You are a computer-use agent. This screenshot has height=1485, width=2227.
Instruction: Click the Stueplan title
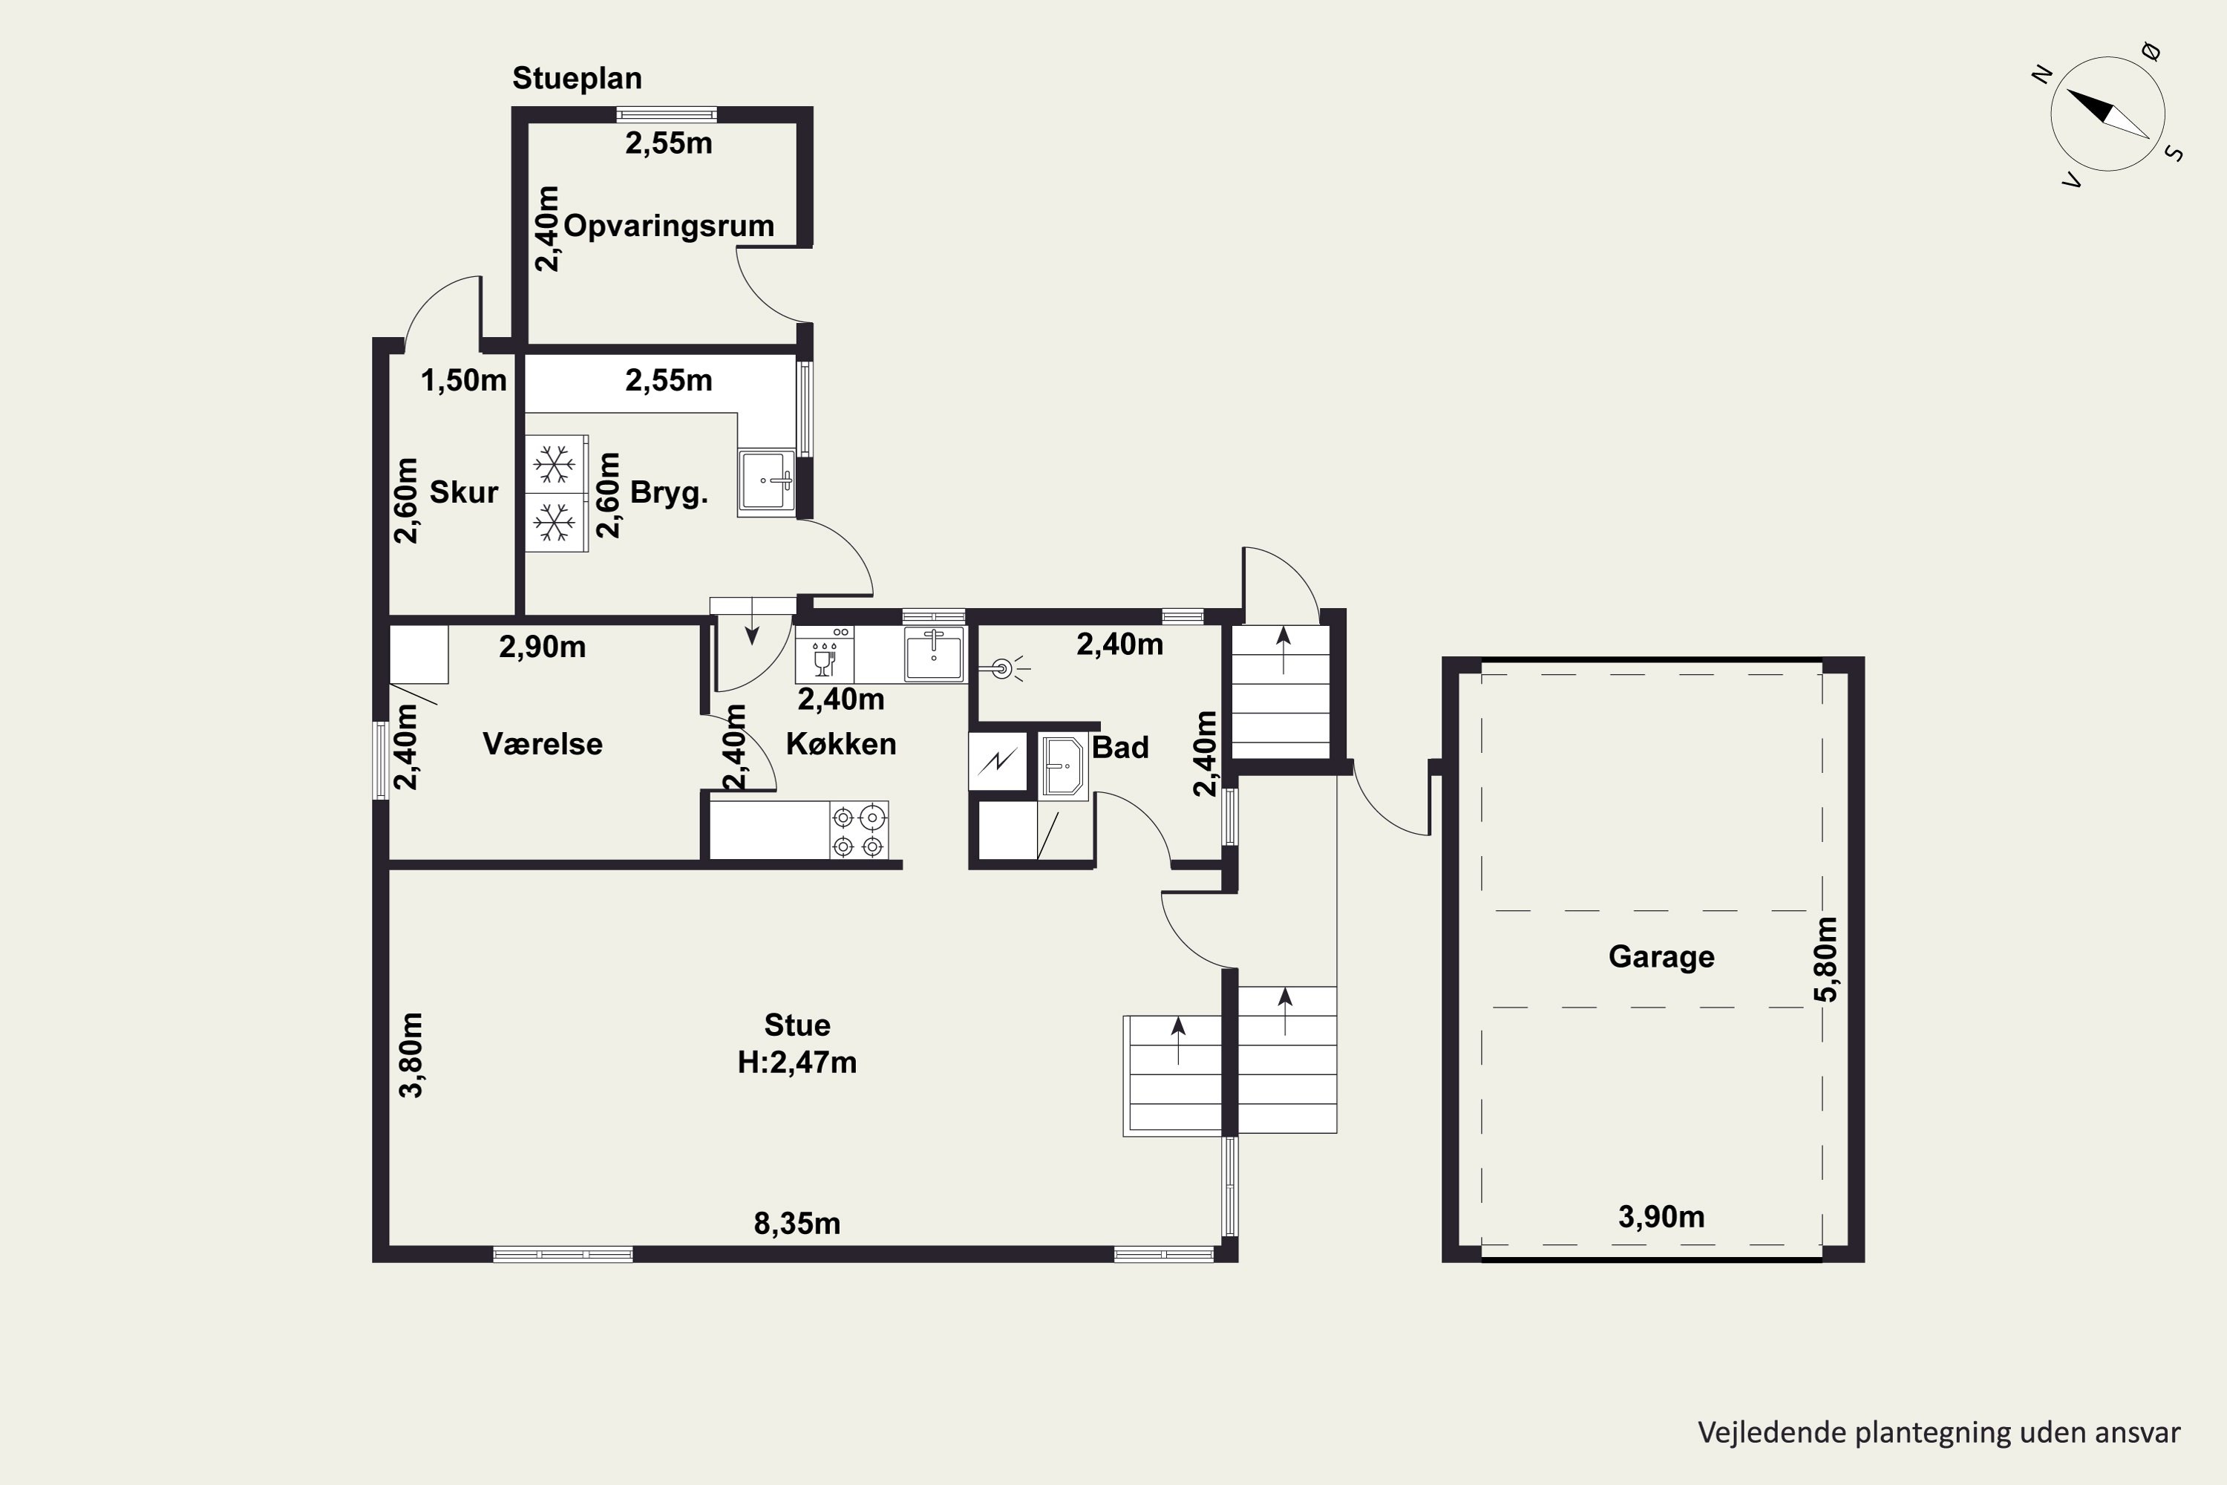577,78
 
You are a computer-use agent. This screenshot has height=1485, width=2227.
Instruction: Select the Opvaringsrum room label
669,226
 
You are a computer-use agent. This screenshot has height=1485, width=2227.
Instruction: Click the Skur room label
464,492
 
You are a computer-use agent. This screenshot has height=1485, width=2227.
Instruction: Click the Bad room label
1120,747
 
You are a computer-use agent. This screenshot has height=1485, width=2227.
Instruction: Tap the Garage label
1661,956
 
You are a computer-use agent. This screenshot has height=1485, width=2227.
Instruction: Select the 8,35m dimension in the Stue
797,1224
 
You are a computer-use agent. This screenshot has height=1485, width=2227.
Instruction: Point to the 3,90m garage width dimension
1661,1216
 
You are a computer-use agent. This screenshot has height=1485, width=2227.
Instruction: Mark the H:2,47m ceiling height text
797,1063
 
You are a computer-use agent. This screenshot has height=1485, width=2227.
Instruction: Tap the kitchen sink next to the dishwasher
934,653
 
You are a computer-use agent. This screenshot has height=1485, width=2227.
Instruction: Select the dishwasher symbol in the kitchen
824,653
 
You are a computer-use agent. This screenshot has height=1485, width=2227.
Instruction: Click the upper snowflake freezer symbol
555,464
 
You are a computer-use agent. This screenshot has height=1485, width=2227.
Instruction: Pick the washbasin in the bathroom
1062,766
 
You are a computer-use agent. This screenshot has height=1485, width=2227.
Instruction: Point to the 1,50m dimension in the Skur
464,381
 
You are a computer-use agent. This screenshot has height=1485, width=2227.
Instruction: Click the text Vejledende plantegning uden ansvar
1939,1432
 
